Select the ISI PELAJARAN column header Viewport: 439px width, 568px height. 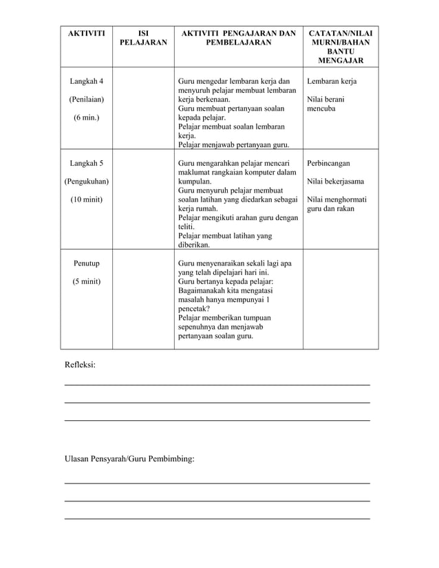pos(143,38)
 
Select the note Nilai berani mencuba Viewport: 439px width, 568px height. pos(326,105)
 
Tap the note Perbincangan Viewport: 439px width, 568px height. pos(329,164)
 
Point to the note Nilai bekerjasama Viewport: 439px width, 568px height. pos(336,182)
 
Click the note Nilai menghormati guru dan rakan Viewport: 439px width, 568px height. pos(336,204)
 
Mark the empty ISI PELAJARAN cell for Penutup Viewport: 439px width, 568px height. pos(143,300)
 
